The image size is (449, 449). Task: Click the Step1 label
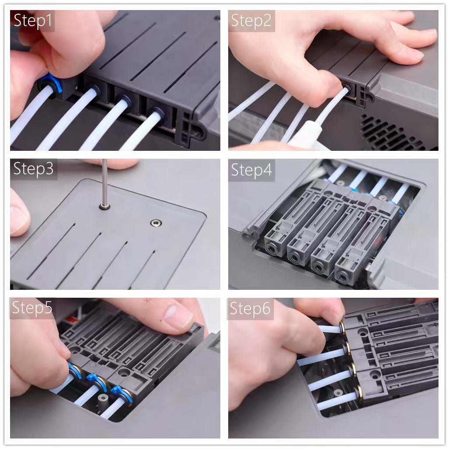[33, 21]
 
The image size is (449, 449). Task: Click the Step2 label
[251, 21]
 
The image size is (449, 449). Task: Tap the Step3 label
[33, 169]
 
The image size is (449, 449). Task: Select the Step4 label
[251, 170]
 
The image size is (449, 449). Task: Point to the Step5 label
[32, 308]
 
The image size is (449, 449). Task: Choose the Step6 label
[250, 308]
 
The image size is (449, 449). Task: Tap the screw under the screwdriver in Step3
[105, 206]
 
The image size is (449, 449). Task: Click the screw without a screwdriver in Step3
[156, 223]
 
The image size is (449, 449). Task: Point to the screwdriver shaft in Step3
[105, 181]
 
